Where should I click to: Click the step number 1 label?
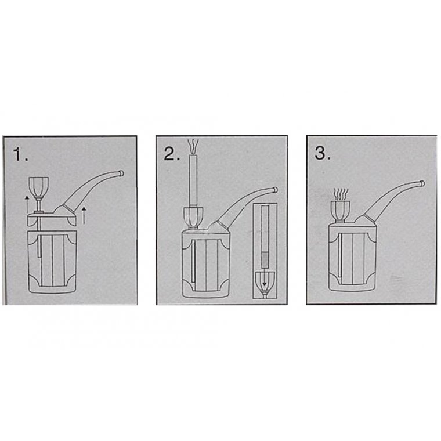20,155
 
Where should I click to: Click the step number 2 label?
172,154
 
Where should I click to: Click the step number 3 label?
323,153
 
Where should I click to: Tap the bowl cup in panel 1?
38,186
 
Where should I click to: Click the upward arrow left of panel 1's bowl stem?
27,204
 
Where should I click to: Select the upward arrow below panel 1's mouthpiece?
84,215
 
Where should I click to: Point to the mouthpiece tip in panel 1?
121,173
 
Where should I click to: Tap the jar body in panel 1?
52,262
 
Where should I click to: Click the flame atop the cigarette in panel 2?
193,146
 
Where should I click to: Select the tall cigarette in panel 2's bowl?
193,180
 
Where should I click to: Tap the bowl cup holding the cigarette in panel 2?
193,217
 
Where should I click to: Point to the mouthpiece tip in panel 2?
276,190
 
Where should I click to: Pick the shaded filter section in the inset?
264,259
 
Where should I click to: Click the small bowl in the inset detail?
265,282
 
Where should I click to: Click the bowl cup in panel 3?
340,211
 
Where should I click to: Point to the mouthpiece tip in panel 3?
422,184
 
